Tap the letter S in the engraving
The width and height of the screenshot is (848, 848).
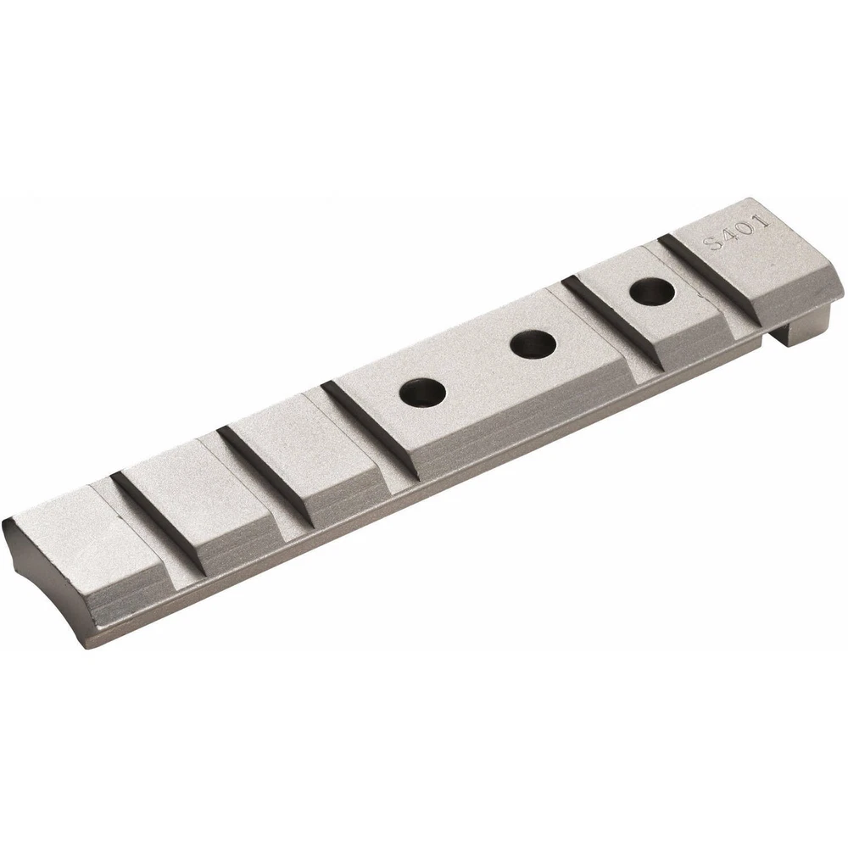pos(713,243)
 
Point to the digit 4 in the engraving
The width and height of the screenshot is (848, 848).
pos(729,236)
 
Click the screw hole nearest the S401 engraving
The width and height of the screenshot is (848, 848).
pos(651,292)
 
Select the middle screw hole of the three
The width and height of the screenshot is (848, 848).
pos(533,344)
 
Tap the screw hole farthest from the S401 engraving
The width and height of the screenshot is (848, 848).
pos(422,393)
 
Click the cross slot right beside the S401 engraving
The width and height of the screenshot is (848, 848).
pos(708,282)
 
